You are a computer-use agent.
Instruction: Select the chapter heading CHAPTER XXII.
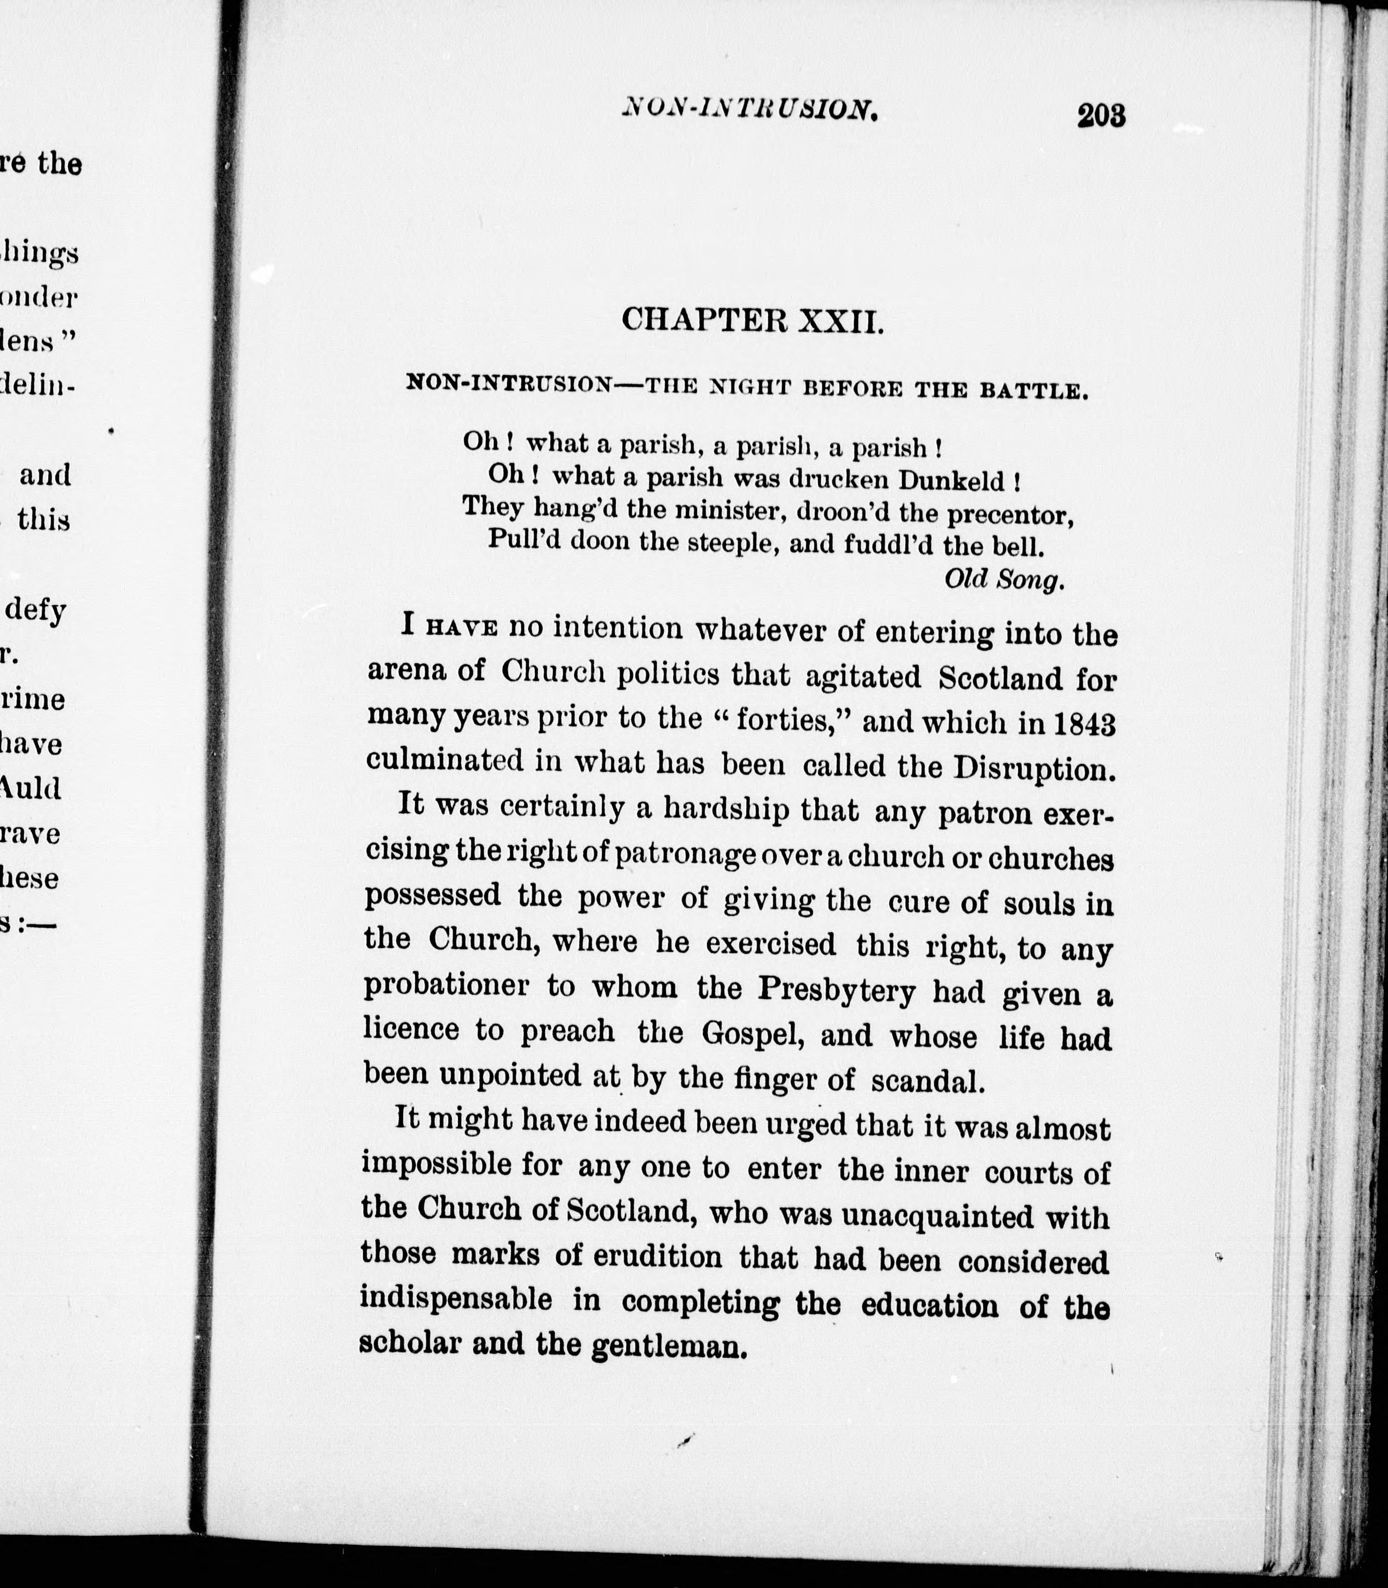(x=752, y=319)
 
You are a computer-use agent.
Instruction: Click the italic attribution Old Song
(x=1004, y=579)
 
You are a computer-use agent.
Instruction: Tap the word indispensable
(x=456, y=1299)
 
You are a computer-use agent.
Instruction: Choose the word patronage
(x=685, y=856)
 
